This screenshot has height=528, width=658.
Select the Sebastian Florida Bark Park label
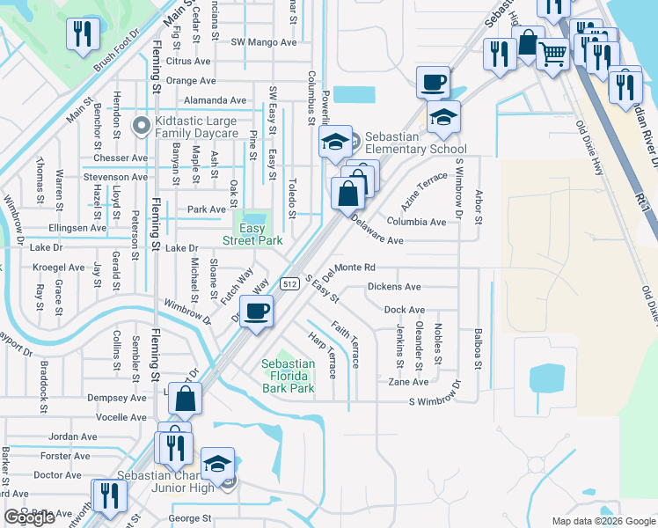point(289,376)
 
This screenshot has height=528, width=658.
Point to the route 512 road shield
point(289,284)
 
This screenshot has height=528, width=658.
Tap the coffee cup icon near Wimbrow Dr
point(256,312)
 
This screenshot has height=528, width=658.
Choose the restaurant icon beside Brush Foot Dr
point(81,34)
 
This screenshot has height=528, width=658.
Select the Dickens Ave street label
point(394,287)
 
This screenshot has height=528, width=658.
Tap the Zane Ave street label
point(408,382)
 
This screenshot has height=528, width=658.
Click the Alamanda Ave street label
point(215,101)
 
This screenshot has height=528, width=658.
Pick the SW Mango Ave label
point(264,42)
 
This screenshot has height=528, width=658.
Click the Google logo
point(30,518)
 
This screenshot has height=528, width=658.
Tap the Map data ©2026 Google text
point(603,521)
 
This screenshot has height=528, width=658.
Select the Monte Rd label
point(355,268)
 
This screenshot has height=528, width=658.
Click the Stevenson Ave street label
point(115,178)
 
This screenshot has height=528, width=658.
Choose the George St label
point(190,519)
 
